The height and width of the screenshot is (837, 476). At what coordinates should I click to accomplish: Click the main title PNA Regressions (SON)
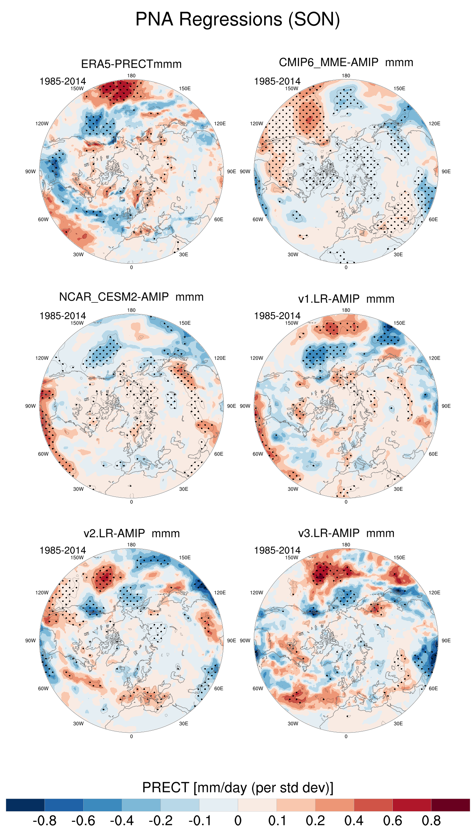(x=238, y=19)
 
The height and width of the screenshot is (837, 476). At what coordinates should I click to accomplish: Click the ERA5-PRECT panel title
(x=131, y=64)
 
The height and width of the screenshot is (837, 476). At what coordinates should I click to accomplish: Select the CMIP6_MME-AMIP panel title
(x=346, y=62)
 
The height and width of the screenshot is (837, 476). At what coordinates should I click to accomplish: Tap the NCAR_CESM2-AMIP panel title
(x=131, y=297)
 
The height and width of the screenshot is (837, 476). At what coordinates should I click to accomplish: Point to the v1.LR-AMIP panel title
(x=346, y=299)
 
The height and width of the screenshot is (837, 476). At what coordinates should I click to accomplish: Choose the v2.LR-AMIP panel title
(x=131, y=534)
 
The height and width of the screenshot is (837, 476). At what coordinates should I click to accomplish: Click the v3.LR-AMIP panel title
(x=346, y=533)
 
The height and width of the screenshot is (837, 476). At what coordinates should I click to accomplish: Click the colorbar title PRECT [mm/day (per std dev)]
(x=238, y=787)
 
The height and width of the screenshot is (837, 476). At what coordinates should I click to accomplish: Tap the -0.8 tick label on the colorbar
(x=45, y=821)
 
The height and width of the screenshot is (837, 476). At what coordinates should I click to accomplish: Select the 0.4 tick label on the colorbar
(x=354, y=821)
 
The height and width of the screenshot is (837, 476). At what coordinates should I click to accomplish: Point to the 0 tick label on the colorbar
(x=238, y=821)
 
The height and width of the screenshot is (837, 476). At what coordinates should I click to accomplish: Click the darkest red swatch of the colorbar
(x=450, y=805)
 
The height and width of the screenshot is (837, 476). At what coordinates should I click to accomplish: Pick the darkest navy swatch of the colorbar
(x=25, y=805)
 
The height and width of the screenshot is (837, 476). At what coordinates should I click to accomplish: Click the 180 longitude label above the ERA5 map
(x=131, y=76)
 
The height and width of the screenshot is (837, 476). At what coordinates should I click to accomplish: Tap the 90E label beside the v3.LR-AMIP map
(x=446, y=641)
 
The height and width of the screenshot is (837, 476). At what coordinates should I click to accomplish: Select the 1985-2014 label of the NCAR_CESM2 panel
(x=63, y=316)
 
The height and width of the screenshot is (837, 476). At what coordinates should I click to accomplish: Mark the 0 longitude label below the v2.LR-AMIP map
(x=131, y=736)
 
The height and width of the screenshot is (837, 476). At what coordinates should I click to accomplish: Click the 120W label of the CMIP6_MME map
(x=257, y=124)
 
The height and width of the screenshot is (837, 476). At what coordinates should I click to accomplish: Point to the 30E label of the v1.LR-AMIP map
(x=398, y=489)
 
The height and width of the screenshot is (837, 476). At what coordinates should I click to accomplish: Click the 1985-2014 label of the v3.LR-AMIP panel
(x=277, y=551)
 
